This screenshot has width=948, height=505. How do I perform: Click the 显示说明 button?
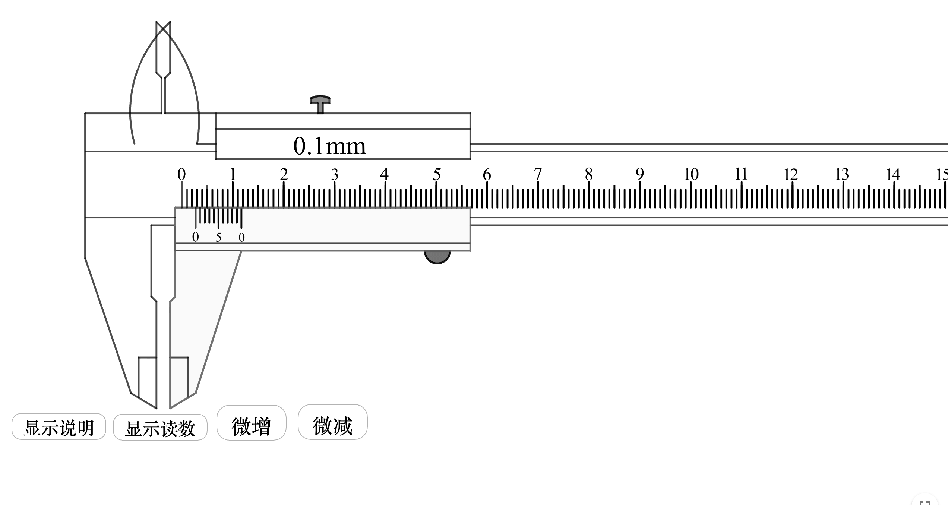point(59,426)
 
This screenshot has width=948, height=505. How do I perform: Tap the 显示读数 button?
point(160,427)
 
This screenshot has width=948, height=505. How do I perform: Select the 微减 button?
point(333,422)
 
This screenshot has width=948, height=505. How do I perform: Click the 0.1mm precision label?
point(330,146)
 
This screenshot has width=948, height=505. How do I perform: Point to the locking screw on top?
point(320,104)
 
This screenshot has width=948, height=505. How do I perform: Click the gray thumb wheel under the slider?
point(437,257)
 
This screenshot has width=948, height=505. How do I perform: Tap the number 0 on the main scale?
point(181,174)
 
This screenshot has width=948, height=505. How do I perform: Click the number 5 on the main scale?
point(437,174)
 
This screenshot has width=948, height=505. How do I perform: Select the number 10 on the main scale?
point(691,174)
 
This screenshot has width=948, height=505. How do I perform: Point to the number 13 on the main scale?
point(842,174)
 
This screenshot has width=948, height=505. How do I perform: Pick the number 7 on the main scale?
point(538,174)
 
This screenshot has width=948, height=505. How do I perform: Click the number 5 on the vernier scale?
point(218,237)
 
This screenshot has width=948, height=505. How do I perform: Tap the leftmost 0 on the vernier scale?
point(196,237)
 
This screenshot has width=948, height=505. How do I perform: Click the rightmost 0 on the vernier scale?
point(241,237)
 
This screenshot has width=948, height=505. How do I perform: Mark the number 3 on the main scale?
point(335,174)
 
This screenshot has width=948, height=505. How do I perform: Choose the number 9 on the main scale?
point(640,174)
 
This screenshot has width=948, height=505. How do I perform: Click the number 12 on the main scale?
point(791,174)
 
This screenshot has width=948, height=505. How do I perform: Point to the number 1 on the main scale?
point(233,174)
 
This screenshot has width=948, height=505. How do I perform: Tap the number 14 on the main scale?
point(893,174)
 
